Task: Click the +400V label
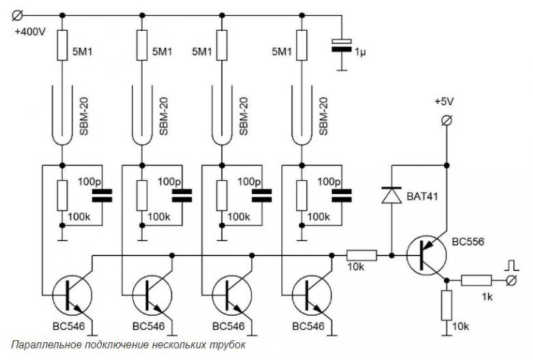pos(30,32)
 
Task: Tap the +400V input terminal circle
pos(17,15)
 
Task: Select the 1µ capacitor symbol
pos(342,46)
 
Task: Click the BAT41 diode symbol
pos(392,195)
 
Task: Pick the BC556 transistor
pos(426,255)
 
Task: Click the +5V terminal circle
pos(446,120)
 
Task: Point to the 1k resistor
pos(476,280)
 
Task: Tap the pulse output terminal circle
pos(511,281)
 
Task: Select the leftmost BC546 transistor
pos(72,295)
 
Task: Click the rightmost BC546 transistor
pos(312,295)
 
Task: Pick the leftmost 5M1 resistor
pos(62,45)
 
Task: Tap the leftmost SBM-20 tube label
pos(83,116)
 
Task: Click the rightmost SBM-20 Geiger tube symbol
pos(301,115)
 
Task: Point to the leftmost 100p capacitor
pos(102,196)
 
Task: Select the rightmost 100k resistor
pos(301,195)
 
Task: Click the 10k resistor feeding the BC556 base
pos(361,255)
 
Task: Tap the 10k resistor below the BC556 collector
pos(447,305)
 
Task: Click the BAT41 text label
pos(422,196)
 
